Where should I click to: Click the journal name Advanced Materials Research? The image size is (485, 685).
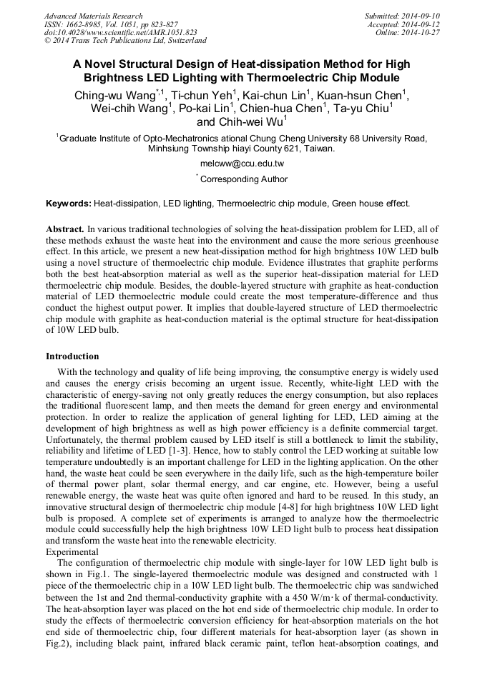(x=93, y=16)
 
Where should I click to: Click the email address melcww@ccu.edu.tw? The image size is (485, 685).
(x=242, y=164)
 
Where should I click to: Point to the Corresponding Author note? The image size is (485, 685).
(x=243, y=179)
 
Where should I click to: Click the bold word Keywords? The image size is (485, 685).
(x=69, y=204)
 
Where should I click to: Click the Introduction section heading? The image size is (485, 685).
(x=72, y=356)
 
